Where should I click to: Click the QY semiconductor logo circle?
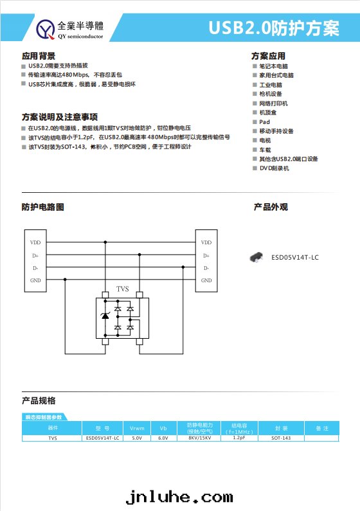tap(47, 28)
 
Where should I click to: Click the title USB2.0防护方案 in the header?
tap(283, 28)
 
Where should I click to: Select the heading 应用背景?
tap(39, 56)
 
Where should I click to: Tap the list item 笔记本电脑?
tap(273, 66)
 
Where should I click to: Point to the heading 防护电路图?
tap(42, 207)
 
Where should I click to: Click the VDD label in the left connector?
tap(35, 242)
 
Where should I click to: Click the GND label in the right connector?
tap(206, 280)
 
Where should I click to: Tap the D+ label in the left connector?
tap(35, 255)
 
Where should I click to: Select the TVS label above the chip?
tap(122, 289)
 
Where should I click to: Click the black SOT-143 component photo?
tap(258, 257)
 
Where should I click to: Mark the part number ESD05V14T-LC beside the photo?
tap(295, 257)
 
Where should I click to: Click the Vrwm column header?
tap(136, 428)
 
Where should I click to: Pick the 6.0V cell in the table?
tap(163, 438)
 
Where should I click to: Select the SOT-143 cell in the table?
tap(281, 438)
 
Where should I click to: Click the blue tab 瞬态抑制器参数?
tap(44, 418)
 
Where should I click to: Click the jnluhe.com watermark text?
tap(179, 497)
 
